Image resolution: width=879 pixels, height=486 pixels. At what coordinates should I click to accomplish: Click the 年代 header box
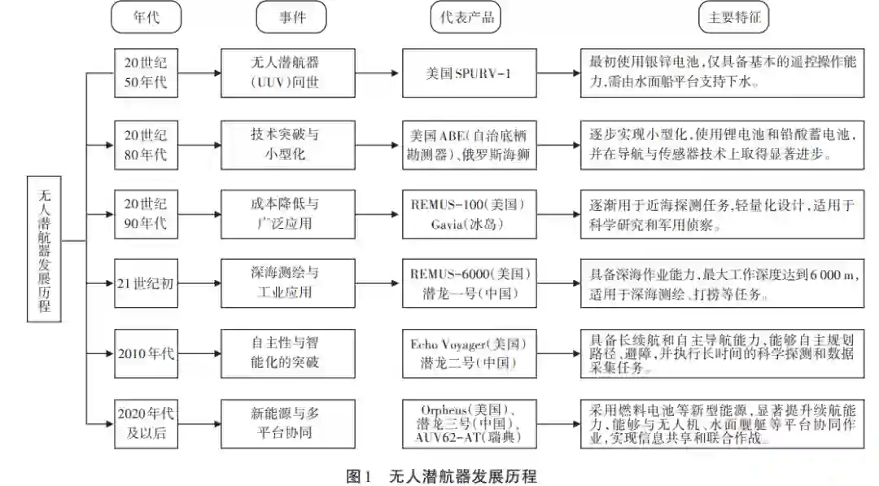(x=146, y=18)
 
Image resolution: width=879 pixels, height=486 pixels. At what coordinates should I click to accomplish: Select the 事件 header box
(x=291, y=18)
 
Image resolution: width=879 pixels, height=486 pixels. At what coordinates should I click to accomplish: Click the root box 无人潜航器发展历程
(x=44, y=243)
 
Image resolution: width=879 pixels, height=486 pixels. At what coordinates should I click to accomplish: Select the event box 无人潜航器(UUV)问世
(x=288, y=72)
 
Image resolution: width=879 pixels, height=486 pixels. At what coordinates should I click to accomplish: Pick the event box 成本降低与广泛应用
(x=288, y=213)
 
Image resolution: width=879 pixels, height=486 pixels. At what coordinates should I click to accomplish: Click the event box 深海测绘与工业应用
(x=288, y=282)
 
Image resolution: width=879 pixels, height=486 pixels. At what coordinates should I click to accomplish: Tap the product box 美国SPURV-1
(x=470, y=72)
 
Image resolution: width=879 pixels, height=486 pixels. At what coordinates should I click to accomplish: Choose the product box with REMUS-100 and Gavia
(x=470, y=213)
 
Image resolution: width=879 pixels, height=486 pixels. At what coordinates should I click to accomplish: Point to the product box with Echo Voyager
(x=470, y=352)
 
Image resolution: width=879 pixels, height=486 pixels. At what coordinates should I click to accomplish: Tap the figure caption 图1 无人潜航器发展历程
(x=440, y=475)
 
